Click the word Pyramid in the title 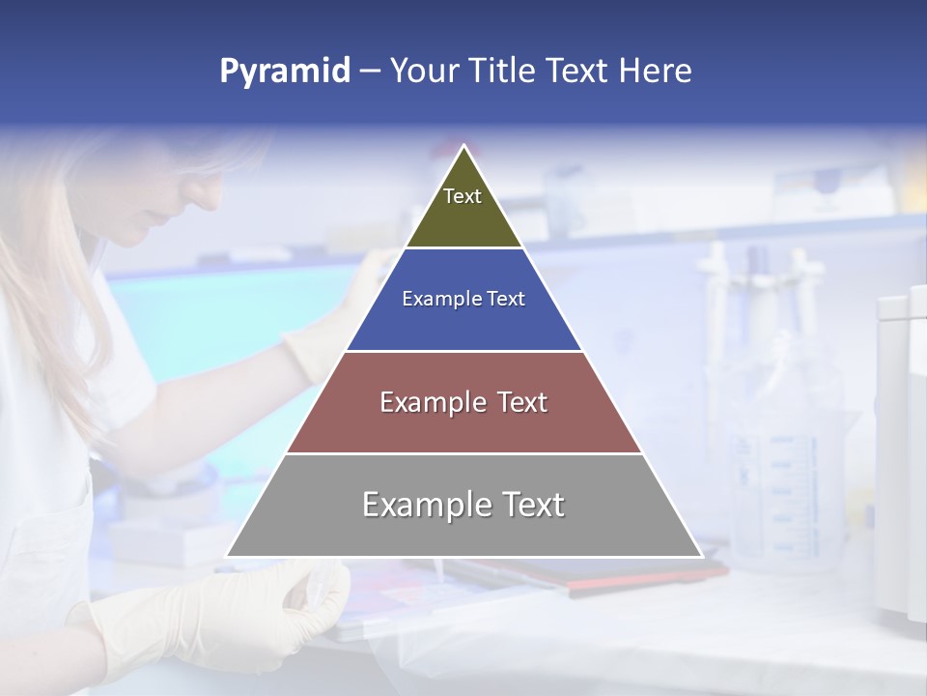pos(284,72)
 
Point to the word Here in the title pos(655,71)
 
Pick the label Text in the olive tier pos(463,196)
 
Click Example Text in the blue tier pos(463,299)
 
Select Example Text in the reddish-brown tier pos(463,402)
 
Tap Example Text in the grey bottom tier pos(463,505)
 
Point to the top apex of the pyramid pos(463,146)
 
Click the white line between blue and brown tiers pos(463,351)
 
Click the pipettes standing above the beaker pos(763,290)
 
